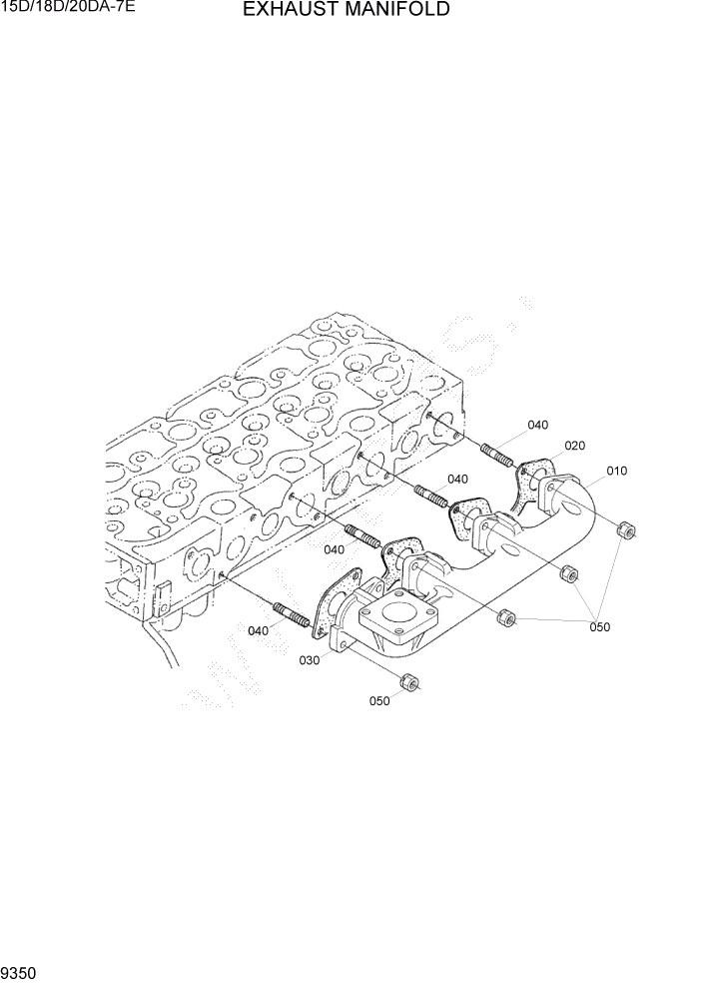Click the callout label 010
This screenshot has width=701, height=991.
(x=616, y=471)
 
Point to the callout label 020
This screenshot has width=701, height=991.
(x=574, y=446)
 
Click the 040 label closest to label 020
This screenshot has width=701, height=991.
(x=537, y=425)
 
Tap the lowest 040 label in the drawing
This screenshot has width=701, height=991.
(x=258, y=630)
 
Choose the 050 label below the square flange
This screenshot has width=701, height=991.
(x=379, y=701)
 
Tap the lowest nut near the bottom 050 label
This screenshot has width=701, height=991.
(x=407, y=682)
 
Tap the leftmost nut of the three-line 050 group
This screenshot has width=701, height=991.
(x=505, y=620)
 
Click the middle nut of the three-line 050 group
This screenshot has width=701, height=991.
(x=568, y=573)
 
